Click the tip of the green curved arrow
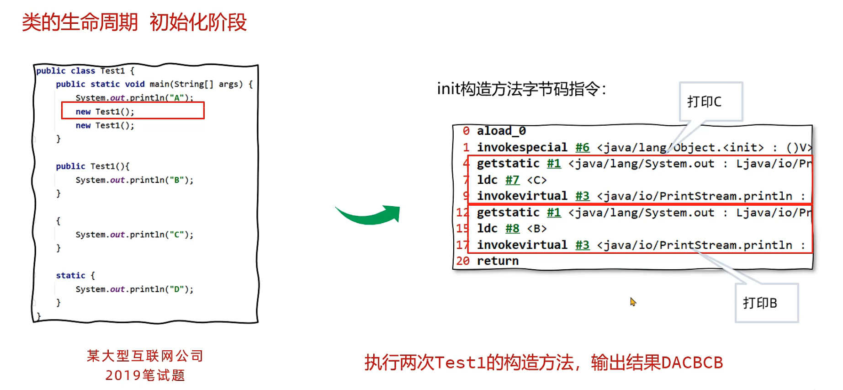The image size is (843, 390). (400, 207)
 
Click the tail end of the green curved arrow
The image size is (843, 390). (336, 207)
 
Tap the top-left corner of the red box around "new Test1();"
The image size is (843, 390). (62, 102)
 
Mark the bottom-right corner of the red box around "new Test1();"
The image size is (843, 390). (204, 118)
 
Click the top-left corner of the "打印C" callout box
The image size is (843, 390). (680, 82)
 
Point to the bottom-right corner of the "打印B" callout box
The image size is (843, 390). (798, 322)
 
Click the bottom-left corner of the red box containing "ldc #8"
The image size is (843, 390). (468, 252)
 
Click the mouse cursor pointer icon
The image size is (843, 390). (633, 302)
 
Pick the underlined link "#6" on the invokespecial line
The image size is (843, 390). (582, 147)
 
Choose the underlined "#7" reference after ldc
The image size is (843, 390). (512, 180)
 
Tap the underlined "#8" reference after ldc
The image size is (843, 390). (512, 228)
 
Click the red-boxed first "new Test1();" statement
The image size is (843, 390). (105, 112)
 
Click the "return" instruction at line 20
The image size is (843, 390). (498, 261)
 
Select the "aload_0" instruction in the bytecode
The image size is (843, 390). (501, 131)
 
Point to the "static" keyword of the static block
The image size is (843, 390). (70, 275)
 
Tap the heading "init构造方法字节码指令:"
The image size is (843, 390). (521, 89)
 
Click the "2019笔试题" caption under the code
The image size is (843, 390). (145, 375)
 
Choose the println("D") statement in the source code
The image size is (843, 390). (134, 289)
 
